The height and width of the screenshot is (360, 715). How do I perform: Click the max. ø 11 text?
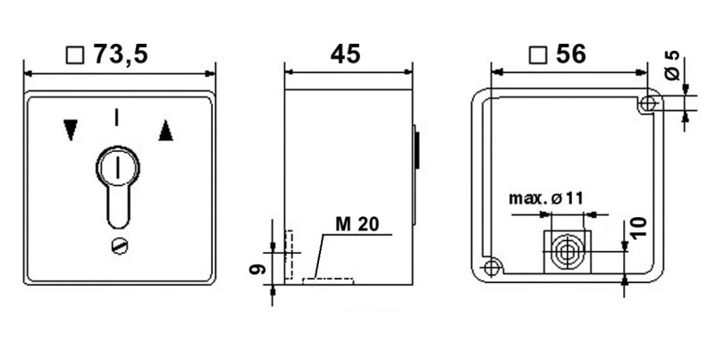(546, 197)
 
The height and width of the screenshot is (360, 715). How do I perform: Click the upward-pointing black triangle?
(165, 131)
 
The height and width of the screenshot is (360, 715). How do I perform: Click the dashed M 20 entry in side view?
(328, 280)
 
